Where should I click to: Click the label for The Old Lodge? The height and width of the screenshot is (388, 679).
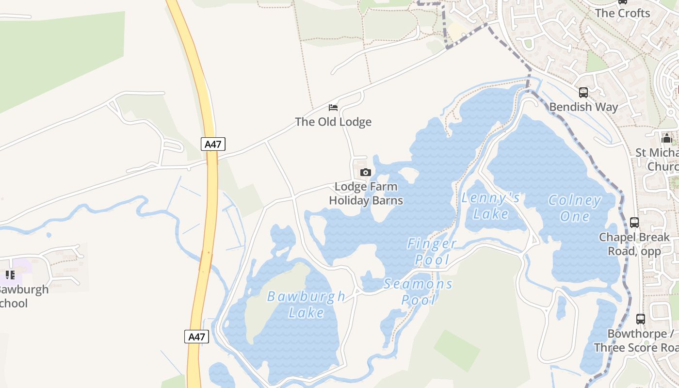pyautogui.click(x=333, y=122)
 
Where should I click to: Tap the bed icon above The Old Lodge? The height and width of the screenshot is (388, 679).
pyautogui.click(x=333, y=108)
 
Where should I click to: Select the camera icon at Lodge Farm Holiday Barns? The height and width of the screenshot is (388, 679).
pyautogui.click(x=366, y=172)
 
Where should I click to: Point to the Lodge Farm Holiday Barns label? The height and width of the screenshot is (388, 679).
pyautogui.click(x=366, y=193)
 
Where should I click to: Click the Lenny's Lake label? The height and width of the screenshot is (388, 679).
pyautogui.click(x=491, y=206)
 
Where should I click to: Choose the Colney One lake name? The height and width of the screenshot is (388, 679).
pyautogui.click(x=575, y=208)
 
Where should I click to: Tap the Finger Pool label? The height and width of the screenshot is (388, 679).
pyautogui.click(x=432, y=251)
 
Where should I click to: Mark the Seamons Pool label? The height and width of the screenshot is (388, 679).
pyautogui.click(x=418, y=291)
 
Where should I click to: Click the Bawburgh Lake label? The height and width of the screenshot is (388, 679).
pyautogui.click(x=306, y=304)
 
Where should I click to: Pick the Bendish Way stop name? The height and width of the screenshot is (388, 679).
pyautogui.click(x=583, y=107)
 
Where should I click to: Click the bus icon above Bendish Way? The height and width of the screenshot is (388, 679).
pyautogui.click(x=583, y=92)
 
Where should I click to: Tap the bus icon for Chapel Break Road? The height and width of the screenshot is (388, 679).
pyautogui.click(x=634, y=223)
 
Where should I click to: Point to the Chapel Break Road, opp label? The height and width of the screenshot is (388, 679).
pyautogui.click(x=634, y=244)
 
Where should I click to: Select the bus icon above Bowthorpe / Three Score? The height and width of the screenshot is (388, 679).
pyautogui.click(x=641, y=319)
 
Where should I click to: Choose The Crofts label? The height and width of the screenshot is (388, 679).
pyautogui.click(x=622, y=13)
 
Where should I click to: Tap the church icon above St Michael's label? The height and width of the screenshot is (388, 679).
pyautogui.click(x=667, y=138)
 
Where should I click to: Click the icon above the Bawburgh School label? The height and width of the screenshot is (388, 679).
pyautogui.click(x=10, y=275)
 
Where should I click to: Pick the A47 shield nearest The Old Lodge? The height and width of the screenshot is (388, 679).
pyautogui.click(x=213, y=144)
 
